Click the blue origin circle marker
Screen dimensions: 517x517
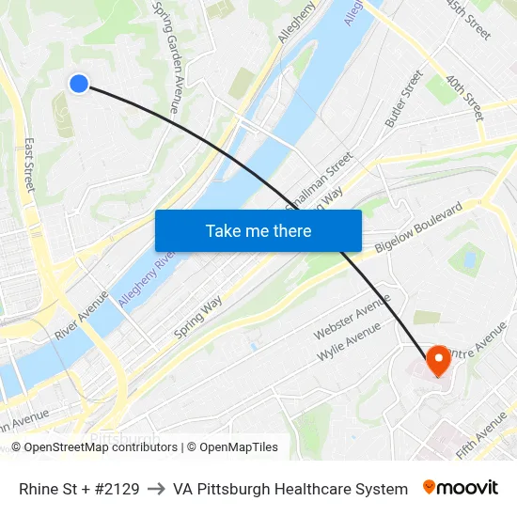(x=79, y=84)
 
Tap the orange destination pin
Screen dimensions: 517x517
(x=438, y=360)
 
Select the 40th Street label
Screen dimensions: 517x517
(x=466, y=98)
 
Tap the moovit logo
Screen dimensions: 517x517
(x=461, y=488)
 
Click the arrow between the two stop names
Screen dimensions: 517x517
(x=156, y=489)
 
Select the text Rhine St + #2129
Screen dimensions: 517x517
(x=79, y=489)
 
